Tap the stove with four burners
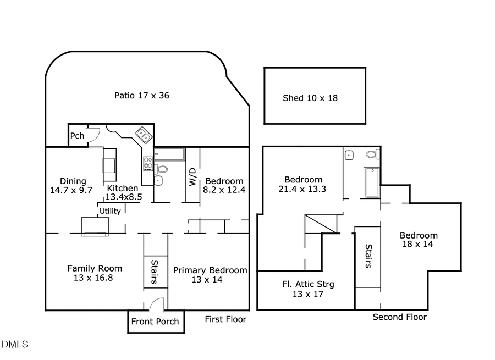147,163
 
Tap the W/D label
193,176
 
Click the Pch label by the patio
78,136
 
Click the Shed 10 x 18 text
310,98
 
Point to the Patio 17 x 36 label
141,95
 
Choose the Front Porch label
156,322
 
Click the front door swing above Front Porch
156,304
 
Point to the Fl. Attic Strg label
308,284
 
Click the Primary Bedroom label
210,270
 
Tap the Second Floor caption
399,317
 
